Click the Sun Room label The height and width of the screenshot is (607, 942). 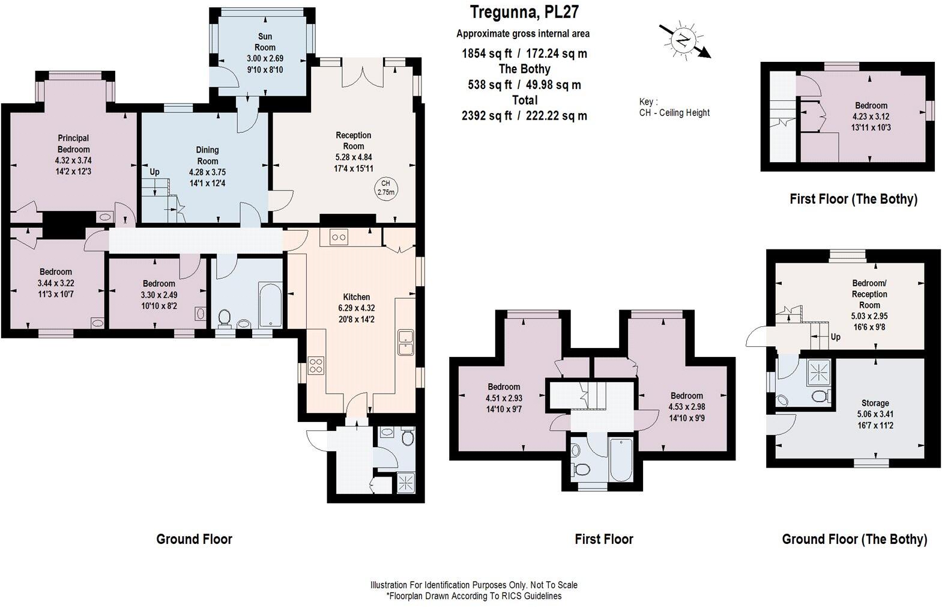265,42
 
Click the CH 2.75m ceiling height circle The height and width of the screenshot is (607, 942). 385,188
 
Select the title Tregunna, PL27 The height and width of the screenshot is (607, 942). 524,12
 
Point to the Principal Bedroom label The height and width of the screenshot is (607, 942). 74,144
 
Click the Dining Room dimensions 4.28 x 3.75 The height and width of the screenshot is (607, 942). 207,172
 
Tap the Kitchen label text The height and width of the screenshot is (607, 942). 357,297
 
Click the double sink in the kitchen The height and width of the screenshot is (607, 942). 406,343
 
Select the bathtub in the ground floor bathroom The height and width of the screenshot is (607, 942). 270,304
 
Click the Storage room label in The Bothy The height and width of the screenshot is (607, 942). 875,403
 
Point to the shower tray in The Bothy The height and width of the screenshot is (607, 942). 818,372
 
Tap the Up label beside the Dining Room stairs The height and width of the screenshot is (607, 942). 154,172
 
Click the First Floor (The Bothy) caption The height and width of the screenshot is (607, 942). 853,199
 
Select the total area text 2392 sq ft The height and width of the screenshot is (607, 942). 486,116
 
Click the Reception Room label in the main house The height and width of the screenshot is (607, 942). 353,141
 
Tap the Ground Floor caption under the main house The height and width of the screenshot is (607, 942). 194,539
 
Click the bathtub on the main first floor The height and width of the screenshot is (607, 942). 621,460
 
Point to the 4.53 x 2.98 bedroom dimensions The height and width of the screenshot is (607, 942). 687,407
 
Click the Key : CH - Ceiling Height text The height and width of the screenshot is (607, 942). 674,108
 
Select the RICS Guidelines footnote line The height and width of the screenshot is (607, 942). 474,596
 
